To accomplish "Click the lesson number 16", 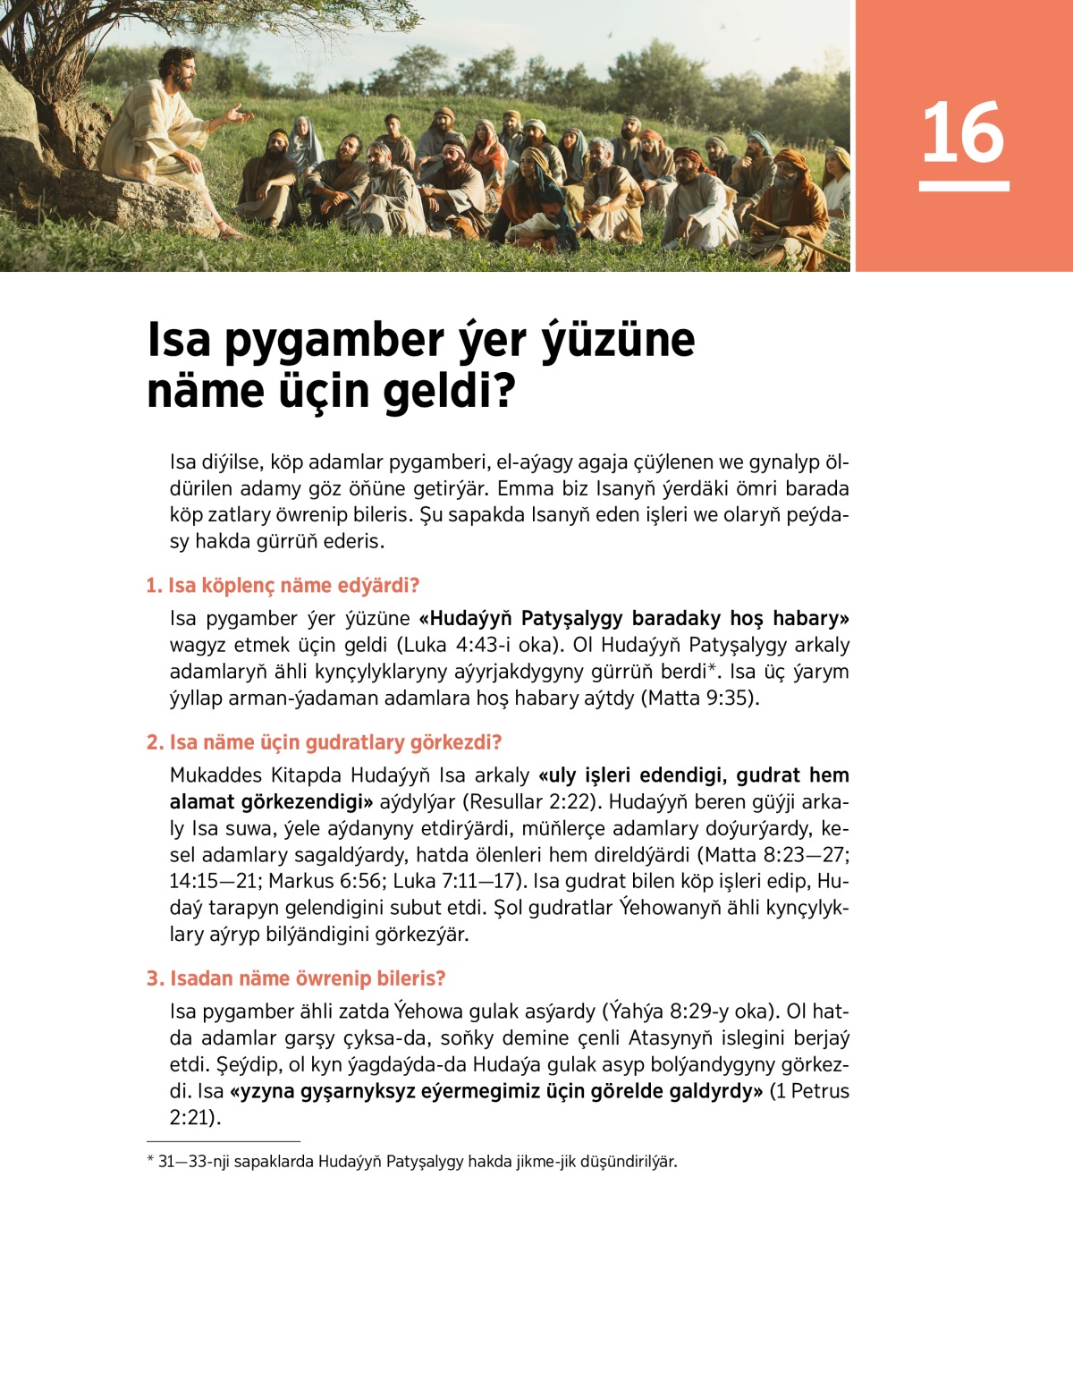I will (x=963, y=132).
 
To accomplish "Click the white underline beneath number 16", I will (x=963, y=186).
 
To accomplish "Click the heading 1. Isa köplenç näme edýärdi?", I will (x=283, y=586).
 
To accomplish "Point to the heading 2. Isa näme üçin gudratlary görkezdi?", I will (x=324, y=742).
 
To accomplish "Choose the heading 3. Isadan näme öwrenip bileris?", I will (x=295, y=978).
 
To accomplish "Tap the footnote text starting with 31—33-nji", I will (x=417, y=1162).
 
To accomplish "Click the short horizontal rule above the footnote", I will (x=224, y=1141).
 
